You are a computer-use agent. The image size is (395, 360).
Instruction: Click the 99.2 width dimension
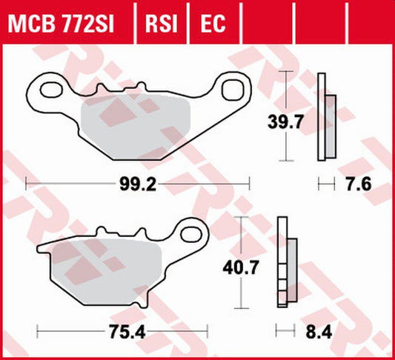[139, 182]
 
